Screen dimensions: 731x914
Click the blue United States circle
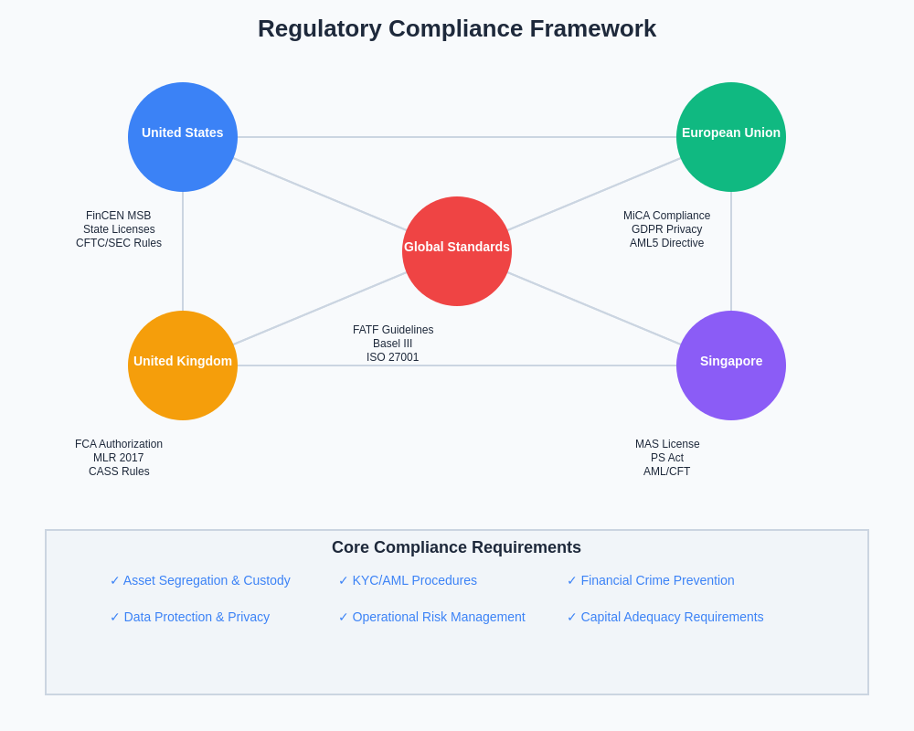(183, 137)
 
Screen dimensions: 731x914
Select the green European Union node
(731, 137)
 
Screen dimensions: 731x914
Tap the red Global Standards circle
(457, 251)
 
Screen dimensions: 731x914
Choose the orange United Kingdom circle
(183, 365)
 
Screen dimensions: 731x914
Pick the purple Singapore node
(731, 365)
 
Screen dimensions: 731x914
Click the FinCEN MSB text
(119, 216)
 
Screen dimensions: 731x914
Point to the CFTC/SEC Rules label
(119, 243)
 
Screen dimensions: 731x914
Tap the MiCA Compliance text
(666, 216)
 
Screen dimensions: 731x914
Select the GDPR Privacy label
(666, 229)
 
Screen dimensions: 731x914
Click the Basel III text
(393, 344)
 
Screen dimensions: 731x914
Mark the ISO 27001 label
(393, 357)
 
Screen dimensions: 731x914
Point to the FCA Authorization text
(119, 444)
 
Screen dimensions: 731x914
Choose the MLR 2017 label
(119, 458)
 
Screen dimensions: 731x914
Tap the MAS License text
(667, 444)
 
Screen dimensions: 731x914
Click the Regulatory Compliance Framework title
(457, 28)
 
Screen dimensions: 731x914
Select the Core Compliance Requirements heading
(456, 547)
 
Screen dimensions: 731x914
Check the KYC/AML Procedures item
(408, 580)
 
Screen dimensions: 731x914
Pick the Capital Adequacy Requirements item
(665, 617)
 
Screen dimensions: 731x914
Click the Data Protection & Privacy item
(190, 617)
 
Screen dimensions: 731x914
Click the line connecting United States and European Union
(457, 137)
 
